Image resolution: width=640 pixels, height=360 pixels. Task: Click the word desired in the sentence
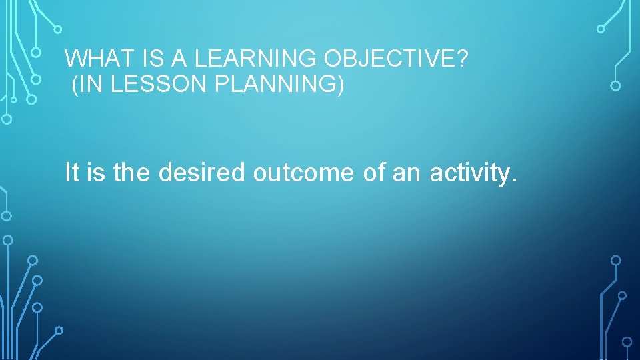[203, 173]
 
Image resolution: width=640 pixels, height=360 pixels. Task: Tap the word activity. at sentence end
[473, 173]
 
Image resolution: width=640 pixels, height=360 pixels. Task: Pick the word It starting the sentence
[72, 173]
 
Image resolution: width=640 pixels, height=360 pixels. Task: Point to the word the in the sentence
[133, 173]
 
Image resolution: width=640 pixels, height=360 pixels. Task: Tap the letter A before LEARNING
[178, 59]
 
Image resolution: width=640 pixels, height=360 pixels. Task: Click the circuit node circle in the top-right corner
[601, 29]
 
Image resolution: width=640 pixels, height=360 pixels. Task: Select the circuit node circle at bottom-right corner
[627, 341]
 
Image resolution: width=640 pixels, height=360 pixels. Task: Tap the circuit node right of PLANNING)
[615, 86]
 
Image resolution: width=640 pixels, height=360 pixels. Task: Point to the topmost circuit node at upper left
[57, 29]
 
